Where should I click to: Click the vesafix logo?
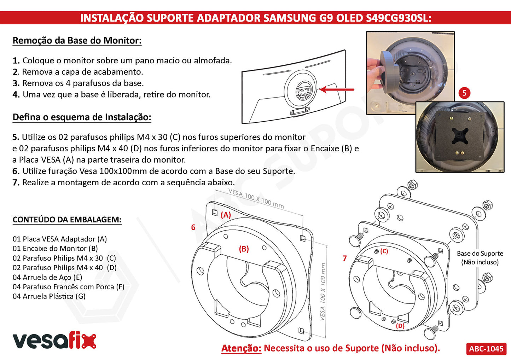point(54,341)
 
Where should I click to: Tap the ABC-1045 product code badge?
point(486,349)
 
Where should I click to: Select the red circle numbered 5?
point(464,93)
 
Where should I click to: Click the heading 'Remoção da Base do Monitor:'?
point(77,41)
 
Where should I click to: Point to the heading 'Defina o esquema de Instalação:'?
point(82,117)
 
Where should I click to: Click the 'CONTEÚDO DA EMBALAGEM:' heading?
point(67,220)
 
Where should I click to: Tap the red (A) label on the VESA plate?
point(226,215)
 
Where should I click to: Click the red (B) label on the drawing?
point(244,249)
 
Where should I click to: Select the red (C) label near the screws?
point(384,251)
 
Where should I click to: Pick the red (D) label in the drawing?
point(400,326)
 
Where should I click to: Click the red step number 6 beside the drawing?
point(193,227)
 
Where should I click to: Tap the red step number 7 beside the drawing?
point(345,258)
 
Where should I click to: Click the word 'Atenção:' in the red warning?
point(242,348)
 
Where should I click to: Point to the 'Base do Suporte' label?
point(480,254)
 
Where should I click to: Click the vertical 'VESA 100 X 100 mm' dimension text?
point(323,292)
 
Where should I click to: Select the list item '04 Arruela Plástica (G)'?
point(49,296)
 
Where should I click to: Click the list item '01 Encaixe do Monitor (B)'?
point(55,249)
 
